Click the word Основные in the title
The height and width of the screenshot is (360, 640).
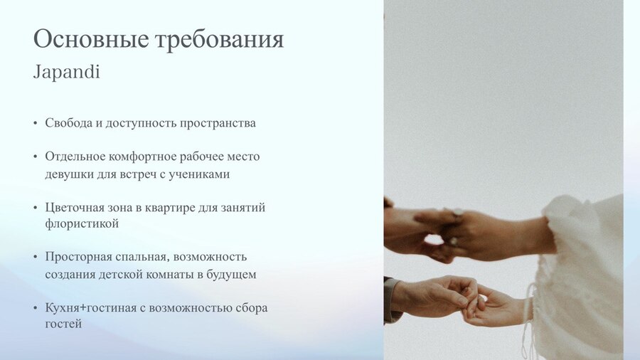(x=90, y=39)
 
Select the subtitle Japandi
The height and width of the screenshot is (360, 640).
(x=67, y=73)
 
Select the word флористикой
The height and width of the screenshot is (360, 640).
(x=82, y=223)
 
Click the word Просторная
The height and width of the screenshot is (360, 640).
(x=78, y=257)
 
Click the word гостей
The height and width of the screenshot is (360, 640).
(x=63, y=324)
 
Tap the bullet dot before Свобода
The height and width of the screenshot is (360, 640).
(x=36, y=123)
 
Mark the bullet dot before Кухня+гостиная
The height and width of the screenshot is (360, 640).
(x=36, y=308)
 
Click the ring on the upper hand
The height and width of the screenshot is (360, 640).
(x=457, y=212)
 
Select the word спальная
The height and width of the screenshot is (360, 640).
(x=142, y=257)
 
